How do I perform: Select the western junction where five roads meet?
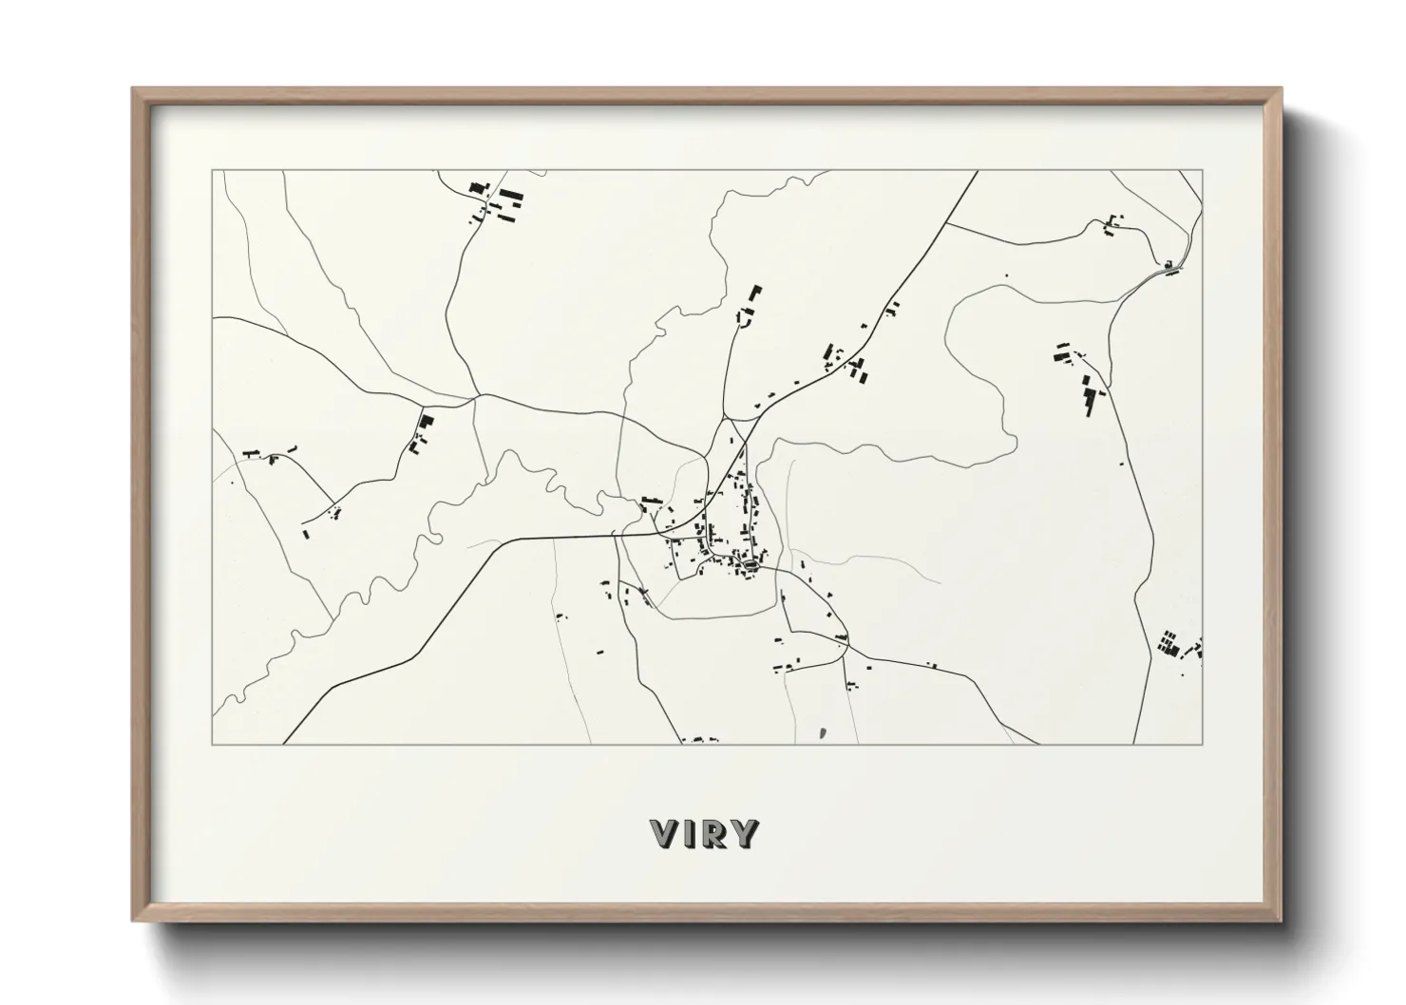(475, 399)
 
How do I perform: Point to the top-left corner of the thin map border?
(212, 171)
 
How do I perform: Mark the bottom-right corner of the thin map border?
(1203, 744)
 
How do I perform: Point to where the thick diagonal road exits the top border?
(978, 172)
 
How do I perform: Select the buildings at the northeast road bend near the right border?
(1170, 267)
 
